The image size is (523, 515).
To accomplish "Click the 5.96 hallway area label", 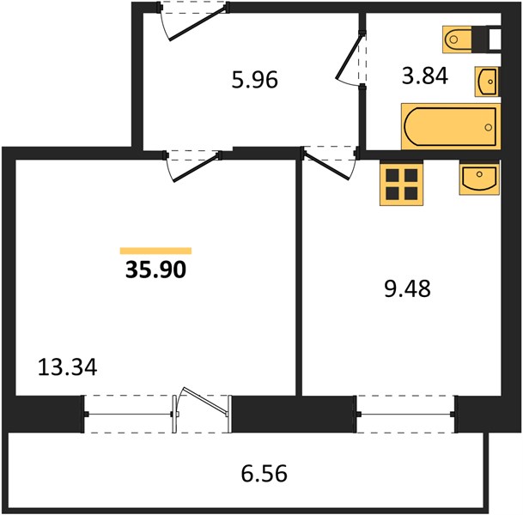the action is coord(255,81).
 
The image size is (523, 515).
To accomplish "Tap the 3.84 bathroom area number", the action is coord(425,76).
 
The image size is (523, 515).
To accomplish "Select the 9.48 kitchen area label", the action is coord(407,288).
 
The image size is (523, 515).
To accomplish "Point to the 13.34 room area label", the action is coord(67,367).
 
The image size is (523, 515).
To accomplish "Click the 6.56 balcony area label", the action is coord(265,474).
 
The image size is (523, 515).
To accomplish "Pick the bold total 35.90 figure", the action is coord(155,270).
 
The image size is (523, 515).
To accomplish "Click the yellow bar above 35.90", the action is coord(155,251).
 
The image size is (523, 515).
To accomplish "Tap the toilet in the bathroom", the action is coord(457,39).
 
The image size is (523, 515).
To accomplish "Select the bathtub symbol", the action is coord(451,127).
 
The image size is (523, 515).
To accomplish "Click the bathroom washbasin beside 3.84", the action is coord(487,82).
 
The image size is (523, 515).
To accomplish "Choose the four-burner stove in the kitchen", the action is coord(402,184).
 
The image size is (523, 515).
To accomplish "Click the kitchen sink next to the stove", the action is coord(479,179).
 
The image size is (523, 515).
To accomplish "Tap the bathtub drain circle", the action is coord(489,127).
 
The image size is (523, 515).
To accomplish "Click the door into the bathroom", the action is coord(351,60).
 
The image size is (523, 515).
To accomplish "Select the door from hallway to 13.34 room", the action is coord(192,166).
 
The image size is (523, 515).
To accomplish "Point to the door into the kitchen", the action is coord(330,163).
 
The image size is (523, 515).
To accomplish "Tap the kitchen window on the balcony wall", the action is coord(405,415).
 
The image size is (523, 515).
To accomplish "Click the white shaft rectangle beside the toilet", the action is coord(495,39).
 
